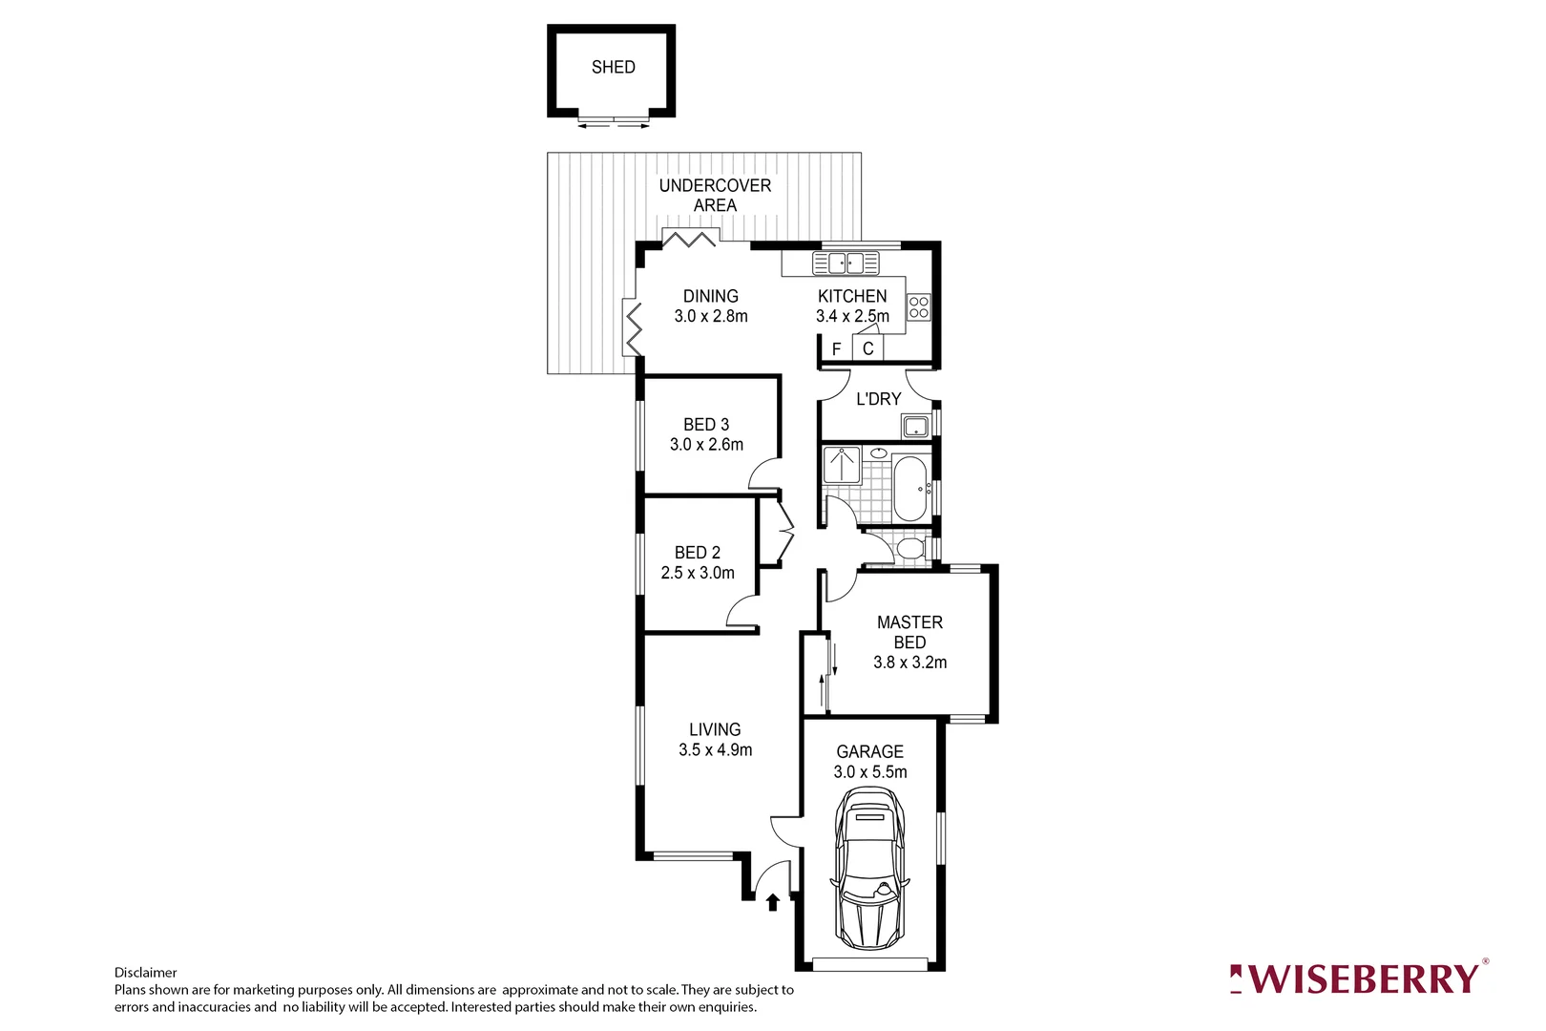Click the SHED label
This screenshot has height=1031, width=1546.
pyautogui.click(x=613, y=67)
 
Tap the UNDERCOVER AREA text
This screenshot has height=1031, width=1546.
pyautogui.click(x=715, y=196)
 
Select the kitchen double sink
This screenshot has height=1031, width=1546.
pyautogui.click(x=846, y=263)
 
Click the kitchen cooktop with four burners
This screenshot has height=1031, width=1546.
pyautogui.click(x=918, y=307)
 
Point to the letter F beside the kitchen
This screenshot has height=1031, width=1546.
pyautogui.click(x=837, y=349)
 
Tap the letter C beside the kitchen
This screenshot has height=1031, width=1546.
pyautogui.click(x=867, y=348)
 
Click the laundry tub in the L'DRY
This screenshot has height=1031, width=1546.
pyautogui.click(x=916, y=426)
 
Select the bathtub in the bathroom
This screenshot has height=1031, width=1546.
pyautogui.click(x=909, y=489)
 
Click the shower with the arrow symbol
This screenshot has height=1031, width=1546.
pyautogui.click(x=842, y=465)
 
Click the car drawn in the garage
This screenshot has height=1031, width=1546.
pyautogui.click(x=869, y=869)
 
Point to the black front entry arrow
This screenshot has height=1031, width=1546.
pyautogui.click(x=772, y=902)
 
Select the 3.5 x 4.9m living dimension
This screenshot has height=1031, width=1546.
pyautogui.click(x=715, y=750)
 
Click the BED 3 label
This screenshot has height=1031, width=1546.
pyautogui.click(x=706, y=424)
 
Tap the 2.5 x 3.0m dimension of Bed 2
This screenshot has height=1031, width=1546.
pyautogui.click(x=698, y=573)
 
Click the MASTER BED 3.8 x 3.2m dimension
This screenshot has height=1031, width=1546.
pyautogui.click(x=909, y=663)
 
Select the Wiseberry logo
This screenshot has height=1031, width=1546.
pyautogui.click(x=1357, y=978)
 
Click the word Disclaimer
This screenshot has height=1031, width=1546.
pyautogui.click(x=146, y=973)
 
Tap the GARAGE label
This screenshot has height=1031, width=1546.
pyautogui.click(x=869, y=751)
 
